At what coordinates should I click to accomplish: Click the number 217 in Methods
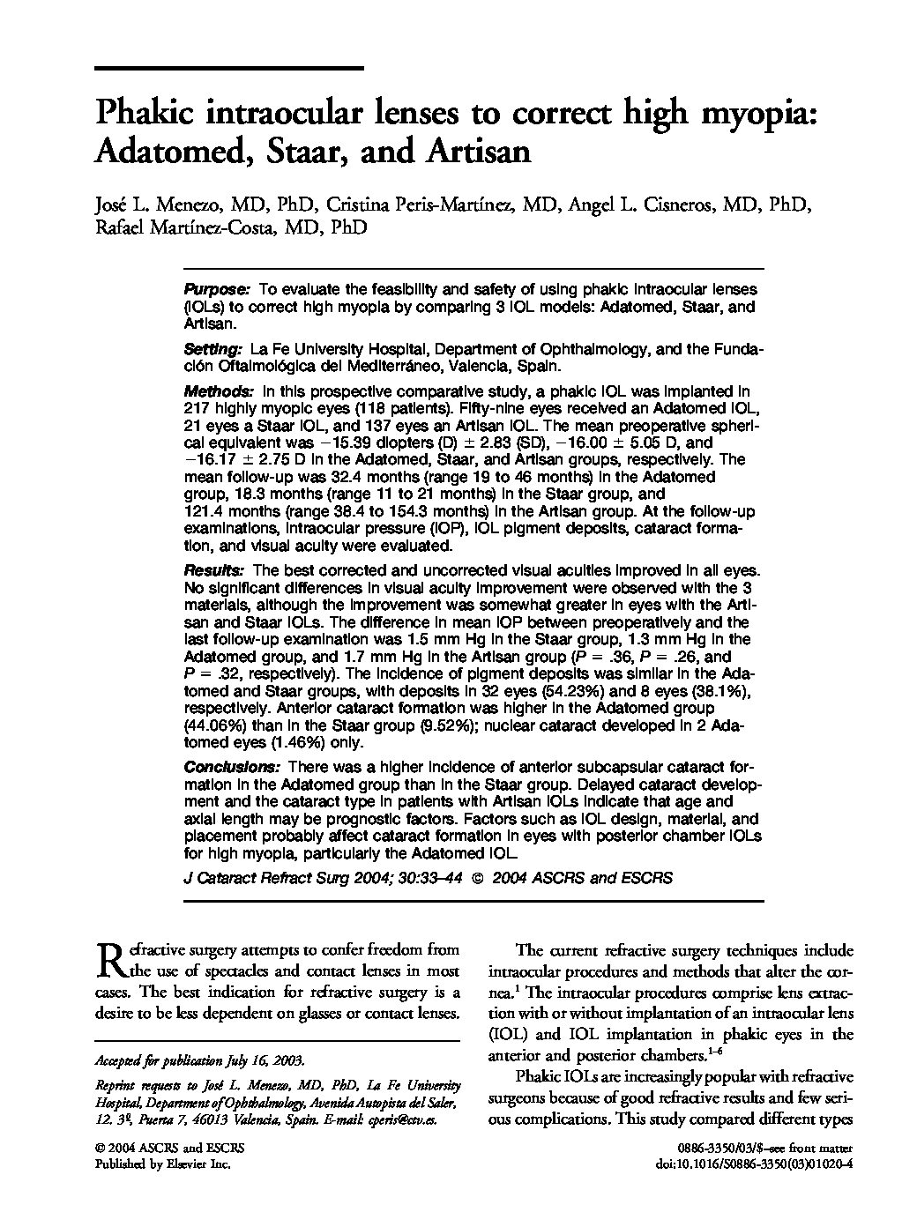coord(196,408)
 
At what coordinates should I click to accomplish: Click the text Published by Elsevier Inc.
coord(162,1164)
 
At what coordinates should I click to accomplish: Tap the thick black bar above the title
coord(228,68)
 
